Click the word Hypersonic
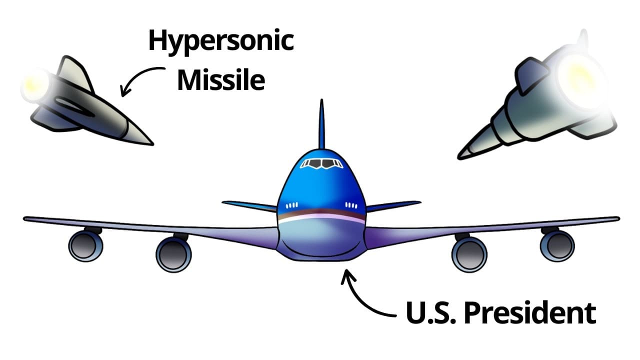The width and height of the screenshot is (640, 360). point(221,41)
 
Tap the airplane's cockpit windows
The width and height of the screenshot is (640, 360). point(321,163)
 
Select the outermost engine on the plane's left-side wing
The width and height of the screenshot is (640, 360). point(85,245)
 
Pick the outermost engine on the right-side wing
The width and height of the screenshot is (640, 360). point(557,245)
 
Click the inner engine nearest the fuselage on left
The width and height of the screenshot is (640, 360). point(173,253)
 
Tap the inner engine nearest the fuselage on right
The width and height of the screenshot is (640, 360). point(469,253)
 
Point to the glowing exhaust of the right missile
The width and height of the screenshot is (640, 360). point(580,77)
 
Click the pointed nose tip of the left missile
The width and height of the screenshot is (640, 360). point(153,144)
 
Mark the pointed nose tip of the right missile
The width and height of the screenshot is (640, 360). point(459,157)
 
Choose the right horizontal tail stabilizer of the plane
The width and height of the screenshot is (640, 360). point(393,206)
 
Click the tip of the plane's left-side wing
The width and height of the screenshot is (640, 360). point(25,219)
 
